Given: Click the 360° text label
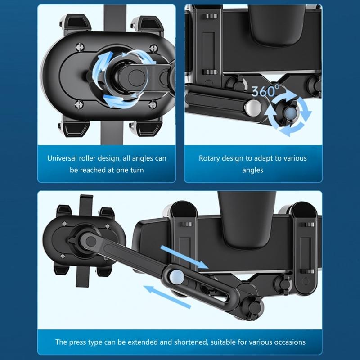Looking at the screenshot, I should click(x=265, y=91).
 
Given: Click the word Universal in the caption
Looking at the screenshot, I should click(x=63, y=158).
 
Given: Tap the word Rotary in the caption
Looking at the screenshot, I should click(x=209, y=158).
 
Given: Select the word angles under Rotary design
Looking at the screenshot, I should click(x=252, y=170).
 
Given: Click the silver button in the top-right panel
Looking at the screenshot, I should click(x=252, y=108).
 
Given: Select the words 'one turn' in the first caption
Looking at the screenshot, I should click(x=129, y=170).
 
